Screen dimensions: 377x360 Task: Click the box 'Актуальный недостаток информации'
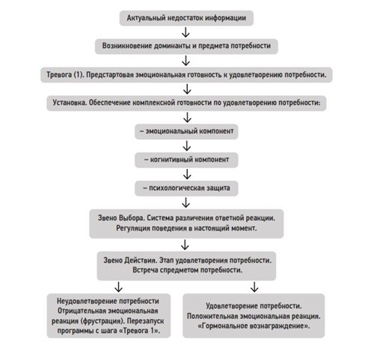186,18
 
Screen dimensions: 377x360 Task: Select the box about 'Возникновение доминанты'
186,46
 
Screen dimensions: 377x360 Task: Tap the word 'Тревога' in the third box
59,75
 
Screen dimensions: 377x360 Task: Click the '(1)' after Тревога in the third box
79,75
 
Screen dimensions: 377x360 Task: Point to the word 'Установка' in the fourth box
70,103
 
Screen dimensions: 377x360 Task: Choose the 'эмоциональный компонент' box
186,132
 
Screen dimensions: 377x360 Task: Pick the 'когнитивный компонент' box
186,160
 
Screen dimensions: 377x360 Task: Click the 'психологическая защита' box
186,189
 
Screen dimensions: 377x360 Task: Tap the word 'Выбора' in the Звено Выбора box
132,218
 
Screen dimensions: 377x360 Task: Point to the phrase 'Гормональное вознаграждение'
254,326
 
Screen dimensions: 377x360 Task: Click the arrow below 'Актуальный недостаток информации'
186,32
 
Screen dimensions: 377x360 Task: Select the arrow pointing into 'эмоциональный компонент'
187,118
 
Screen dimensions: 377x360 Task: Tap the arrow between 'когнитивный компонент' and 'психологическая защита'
187,174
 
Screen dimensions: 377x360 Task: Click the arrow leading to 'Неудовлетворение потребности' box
118,287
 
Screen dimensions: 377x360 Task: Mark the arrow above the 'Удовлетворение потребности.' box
254,287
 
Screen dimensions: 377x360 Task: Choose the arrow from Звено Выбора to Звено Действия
185,245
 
